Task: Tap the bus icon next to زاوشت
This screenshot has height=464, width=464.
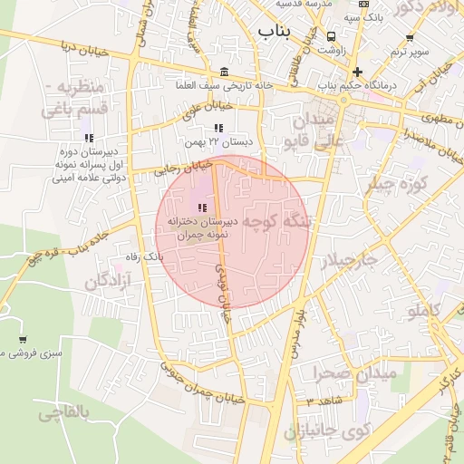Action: tap(333, 37)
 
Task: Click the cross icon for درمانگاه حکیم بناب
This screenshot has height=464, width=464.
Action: tap(357, 72)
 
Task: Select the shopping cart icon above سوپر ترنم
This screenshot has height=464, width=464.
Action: tap(410, 38)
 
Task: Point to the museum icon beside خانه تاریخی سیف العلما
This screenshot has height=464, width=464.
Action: tap(224, 72)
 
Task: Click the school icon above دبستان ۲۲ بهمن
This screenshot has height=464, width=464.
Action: tap(217, 129)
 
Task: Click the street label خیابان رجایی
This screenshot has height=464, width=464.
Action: tap(184, 169)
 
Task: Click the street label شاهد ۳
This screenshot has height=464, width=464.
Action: tap(325, 401)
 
